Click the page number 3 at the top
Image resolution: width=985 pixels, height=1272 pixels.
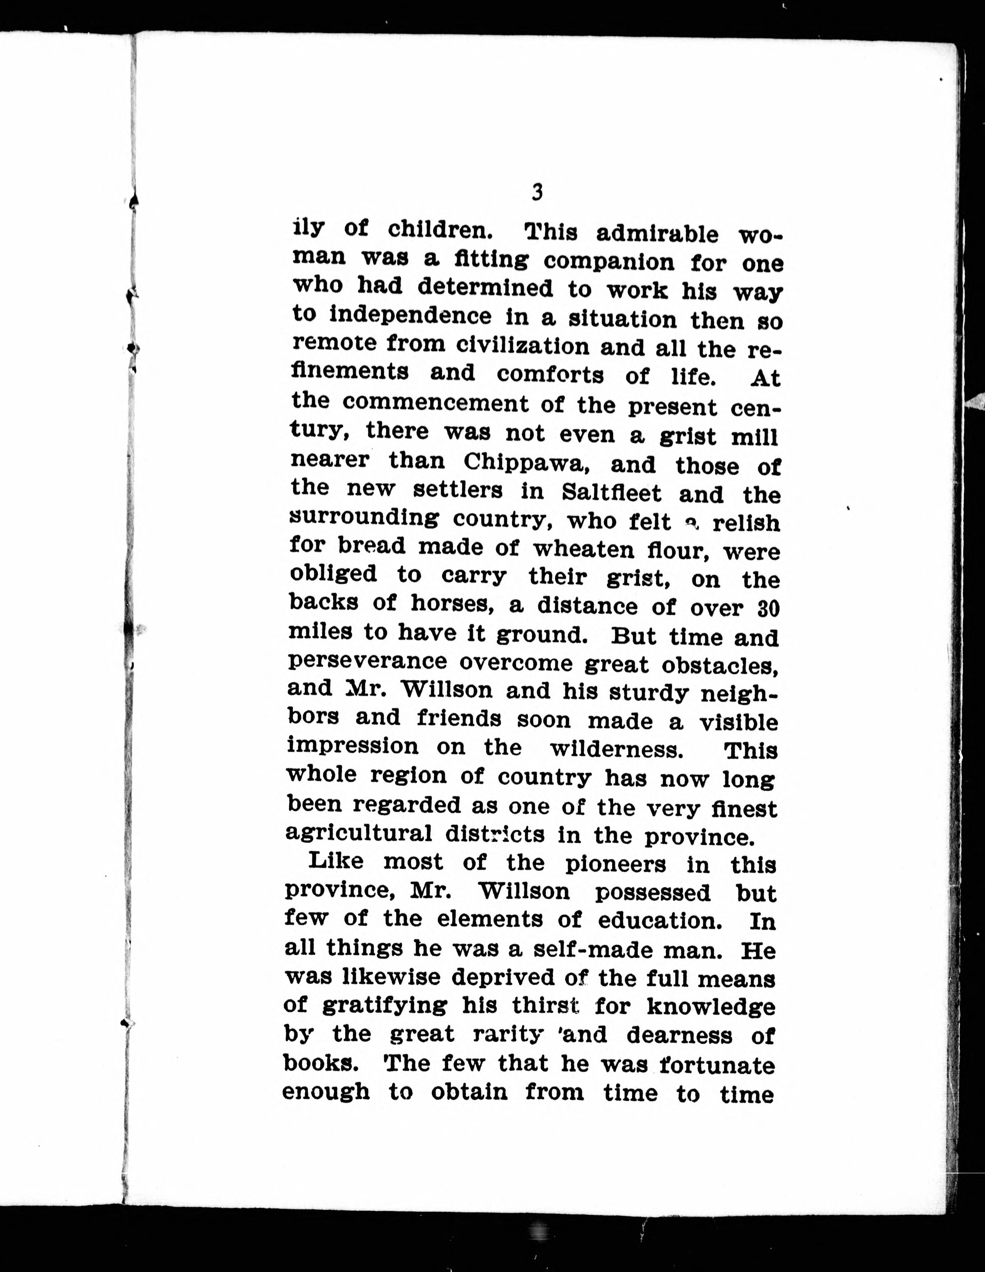point(537,192)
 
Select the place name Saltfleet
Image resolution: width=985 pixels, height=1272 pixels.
point(612,493)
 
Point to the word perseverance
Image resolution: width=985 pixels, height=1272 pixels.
point(368,662)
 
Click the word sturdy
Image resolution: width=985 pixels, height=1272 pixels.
point(649,693)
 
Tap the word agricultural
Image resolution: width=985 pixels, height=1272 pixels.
point(359,833)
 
